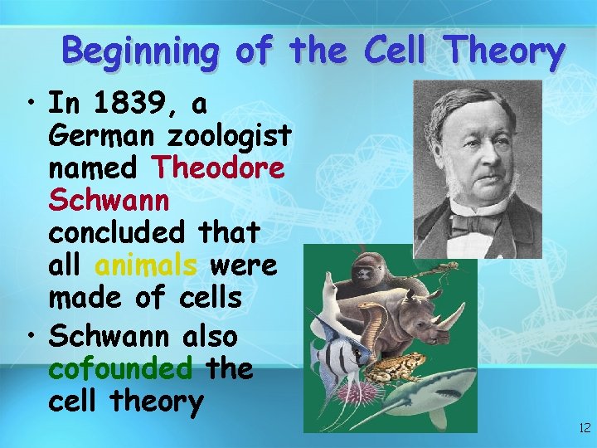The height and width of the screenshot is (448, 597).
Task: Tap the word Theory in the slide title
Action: (503, 51)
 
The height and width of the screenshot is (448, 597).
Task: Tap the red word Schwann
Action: (109, 200)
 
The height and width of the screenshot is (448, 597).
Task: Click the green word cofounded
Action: (121, 368)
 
